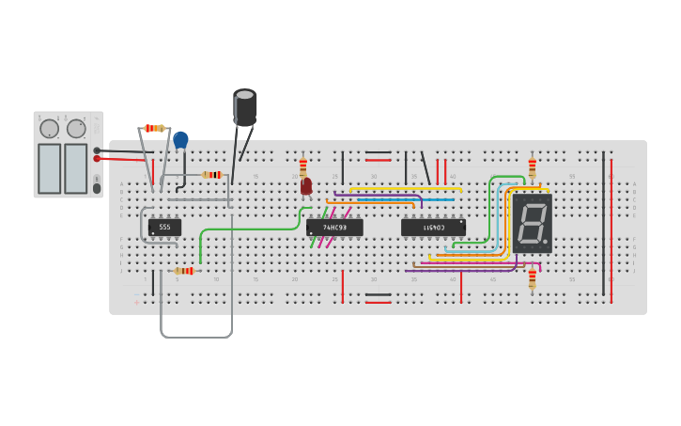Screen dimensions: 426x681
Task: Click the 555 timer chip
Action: click(164, 227)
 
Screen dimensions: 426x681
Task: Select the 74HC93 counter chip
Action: click(334, 228)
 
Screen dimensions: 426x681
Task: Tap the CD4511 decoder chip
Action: click(433, 228)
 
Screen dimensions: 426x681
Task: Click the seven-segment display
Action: click(532, 223)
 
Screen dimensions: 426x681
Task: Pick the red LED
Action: click(306, 186)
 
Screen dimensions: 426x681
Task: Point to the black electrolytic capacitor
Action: click(245, 106)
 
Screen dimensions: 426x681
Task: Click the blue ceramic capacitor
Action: click(180, 140)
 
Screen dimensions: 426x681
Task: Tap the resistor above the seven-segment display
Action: click(533, 167)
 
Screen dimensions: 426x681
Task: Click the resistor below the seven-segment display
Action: click(532, 278)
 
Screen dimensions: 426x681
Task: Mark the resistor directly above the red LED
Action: click(303, 166)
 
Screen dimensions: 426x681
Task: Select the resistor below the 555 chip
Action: click(183, 271)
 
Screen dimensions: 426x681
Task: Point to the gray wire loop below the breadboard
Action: click(196, 336)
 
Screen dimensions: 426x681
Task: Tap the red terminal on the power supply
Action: click(97, 159)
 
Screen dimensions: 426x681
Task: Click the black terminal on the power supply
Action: click(97, 150)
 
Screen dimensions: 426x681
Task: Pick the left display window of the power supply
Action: click(49, 168)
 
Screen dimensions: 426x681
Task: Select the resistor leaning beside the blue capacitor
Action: click(154, 128)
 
